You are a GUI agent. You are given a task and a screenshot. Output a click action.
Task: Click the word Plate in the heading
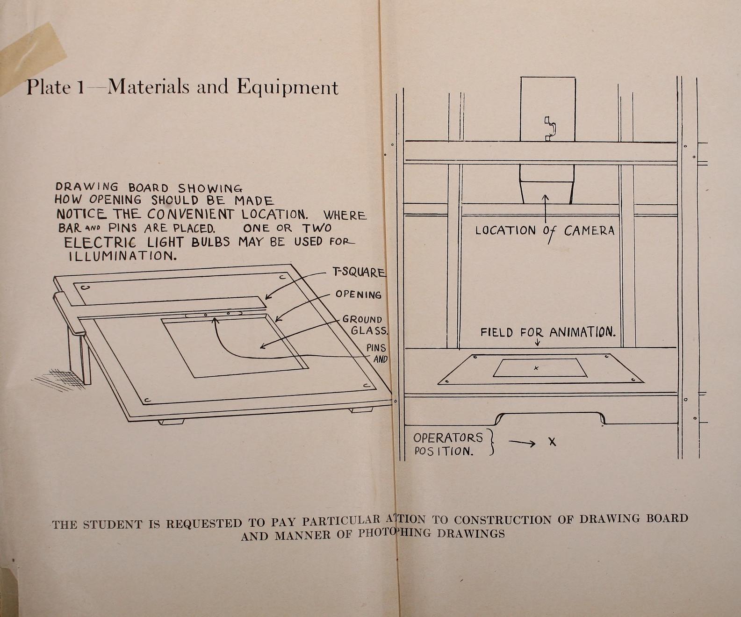(48, 87)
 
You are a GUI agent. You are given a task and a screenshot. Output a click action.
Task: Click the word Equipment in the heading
(287, 87)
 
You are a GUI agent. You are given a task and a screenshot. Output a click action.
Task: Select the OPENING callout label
(358, 294)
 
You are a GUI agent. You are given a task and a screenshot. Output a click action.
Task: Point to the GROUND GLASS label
(365, 325)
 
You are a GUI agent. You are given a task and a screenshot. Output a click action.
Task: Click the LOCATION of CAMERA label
(545, 230)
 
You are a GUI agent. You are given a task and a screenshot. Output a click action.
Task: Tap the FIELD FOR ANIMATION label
(547, 332)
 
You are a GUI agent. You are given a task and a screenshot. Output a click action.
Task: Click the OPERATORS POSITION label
(447, 444)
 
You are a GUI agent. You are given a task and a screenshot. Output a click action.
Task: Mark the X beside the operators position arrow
(553, 442)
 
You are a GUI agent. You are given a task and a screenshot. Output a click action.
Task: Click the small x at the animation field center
(536, 368)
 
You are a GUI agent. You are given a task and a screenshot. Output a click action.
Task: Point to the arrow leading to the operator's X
(522, 443)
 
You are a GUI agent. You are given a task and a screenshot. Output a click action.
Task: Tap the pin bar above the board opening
(213, 314)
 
